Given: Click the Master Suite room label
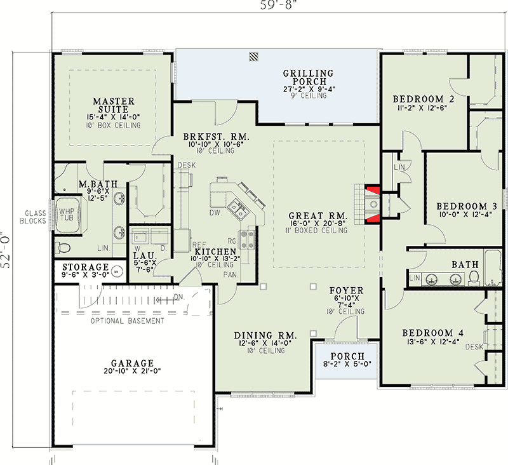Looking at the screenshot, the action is click(114, 105).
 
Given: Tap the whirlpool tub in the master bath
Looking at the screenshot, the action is click(67, 215).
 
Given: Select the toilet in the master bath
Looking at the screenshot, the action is click(63, 248).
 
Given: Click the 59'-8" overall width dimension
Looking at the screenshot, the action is click(276, 5).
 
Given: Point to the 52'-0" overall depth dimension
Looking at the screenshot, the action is click(6, 250).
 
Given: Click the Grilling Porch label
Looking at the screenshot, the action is click(309, 77).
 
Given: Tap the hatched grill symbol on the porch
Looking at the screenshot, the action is click(253, 57).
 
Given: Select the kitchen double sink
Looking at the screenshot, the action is click(237, 211).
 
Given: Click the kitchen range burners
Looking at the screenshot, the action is click(247, 238).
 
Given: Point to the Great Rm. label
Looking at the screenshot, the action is click(318, 216).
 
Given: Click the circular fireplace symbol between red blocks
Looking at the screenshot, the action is click(373, 204).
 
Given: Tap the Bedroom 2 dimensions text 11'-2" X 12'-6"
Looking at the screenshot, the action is click(422, 108).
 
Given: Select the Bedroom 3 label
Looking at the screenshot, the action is click(467, 206).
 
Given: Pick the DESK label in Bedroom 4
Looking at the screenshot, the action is click(474, 347).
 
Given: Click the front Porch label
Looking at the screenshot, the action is click(347, 356).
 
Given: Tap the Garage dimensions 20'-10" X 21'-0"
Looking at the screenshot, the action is click(132, 371).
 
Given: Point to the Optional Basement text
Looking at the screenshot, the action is click(128, 321).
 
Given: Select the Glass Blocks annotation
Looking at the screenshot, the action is click(33, 217).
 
